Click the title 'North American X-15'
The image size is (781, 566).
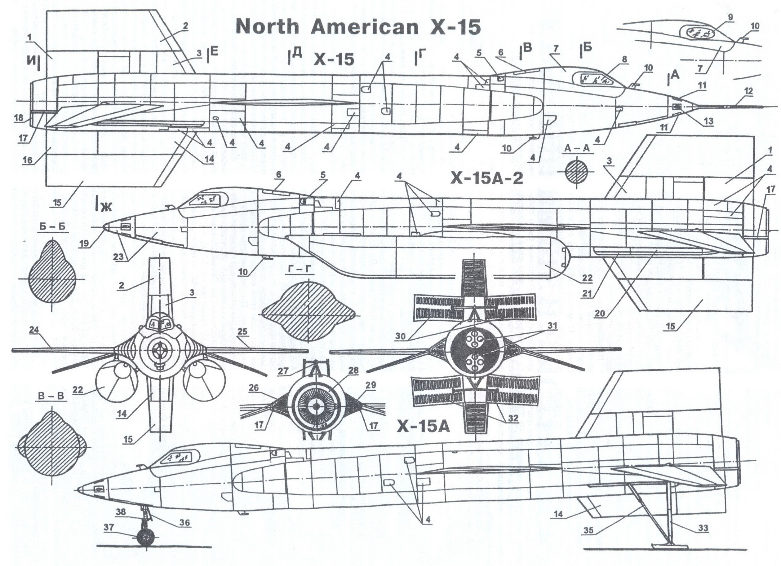(358, 27)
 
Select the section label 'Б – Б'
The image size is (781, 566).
(53, 227)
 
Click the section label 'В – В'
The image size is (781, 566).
(51, 396)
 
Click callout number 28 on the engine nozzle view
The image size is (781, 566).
(354, 371)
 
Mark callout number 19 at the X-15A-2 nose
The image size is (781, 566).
(85, 244)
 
